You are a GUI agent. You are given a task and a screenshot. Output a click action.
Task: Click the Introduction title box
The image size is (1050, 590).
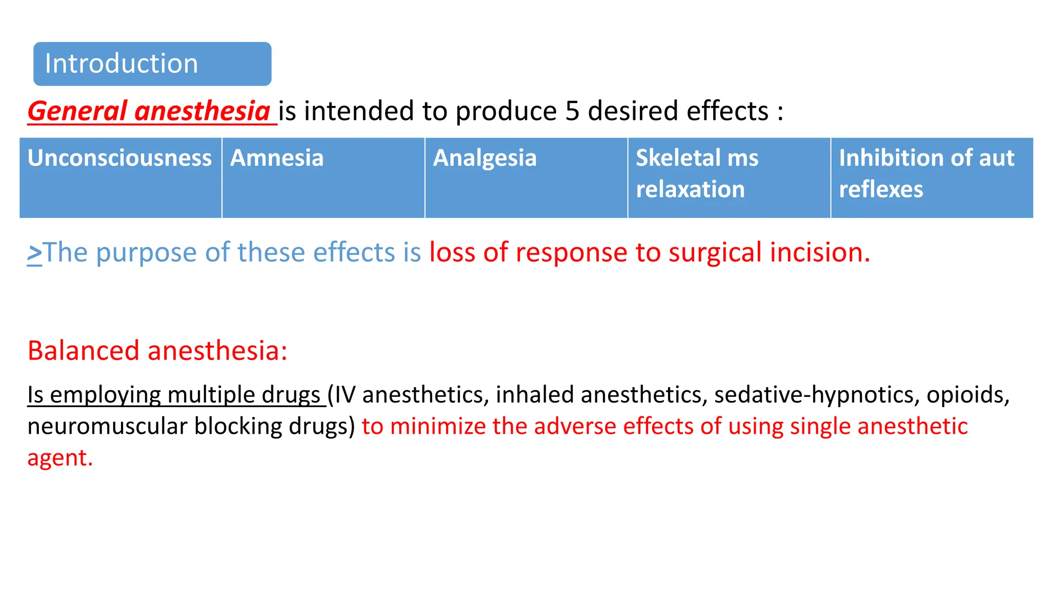[152, 64]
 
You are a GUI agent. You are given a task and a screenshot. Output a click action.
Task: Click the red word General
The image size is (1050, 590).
[77, 111]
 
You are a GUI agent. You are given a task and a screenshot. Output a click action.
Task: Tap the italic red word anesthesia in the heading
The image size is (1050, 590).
[202, 111]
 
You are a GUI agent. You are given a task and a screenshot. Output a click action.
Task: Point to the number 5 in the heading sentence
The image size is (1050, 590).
[572, 111]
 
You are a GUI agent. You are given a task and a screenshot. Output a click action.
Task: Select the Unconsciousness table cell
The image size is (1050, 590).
[120, 177]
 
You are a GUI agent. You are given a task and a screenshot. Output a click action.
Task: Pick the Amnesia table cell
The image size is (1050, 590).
[323, 177]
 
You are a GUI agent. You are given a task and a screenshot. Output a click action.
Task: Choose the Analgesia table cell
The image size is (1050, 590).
[526, 177]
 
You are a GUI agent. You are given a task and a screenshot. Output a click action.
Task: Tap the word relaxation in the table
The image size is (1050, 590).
[690, 189]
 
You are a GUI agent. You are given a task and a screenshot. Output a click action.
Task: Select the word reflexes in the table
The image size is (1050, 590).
[881, 189]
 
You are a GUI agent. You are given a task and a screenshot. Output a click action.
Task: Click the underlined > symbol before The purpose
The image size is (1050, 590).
[34, 253]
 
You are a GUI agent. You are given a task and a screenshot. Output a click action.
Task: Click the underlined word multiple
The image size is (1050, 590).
[211, 395]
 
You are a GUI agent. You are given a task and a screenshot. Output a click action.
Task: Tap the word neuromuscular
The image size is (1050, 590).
[107, 426]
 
